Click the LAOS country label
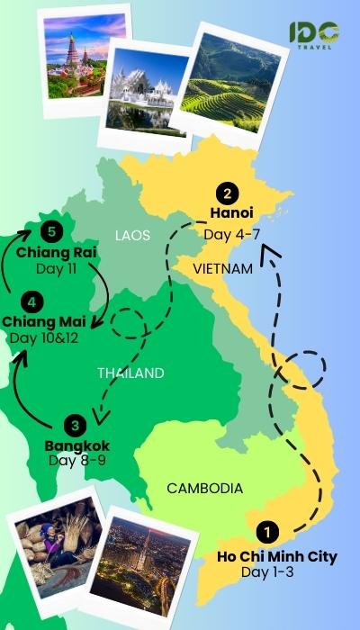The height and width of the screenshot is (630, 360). click(x=132, y=236)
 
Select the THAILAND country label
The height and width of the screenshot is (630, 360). click(x=130, y=373)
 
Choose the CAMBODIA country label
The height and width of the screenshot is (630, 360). click(x=204, y=489)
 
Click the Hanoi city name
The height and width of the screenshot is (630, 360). click(x=231, y=214)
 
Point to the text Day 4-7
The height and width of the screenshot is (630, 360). click(x=231, y=235)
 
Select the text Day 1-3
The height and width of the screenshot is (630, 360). click(x=276, y=572)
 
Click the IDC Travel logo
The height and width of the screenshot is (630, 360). click(x=314, y=35)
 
